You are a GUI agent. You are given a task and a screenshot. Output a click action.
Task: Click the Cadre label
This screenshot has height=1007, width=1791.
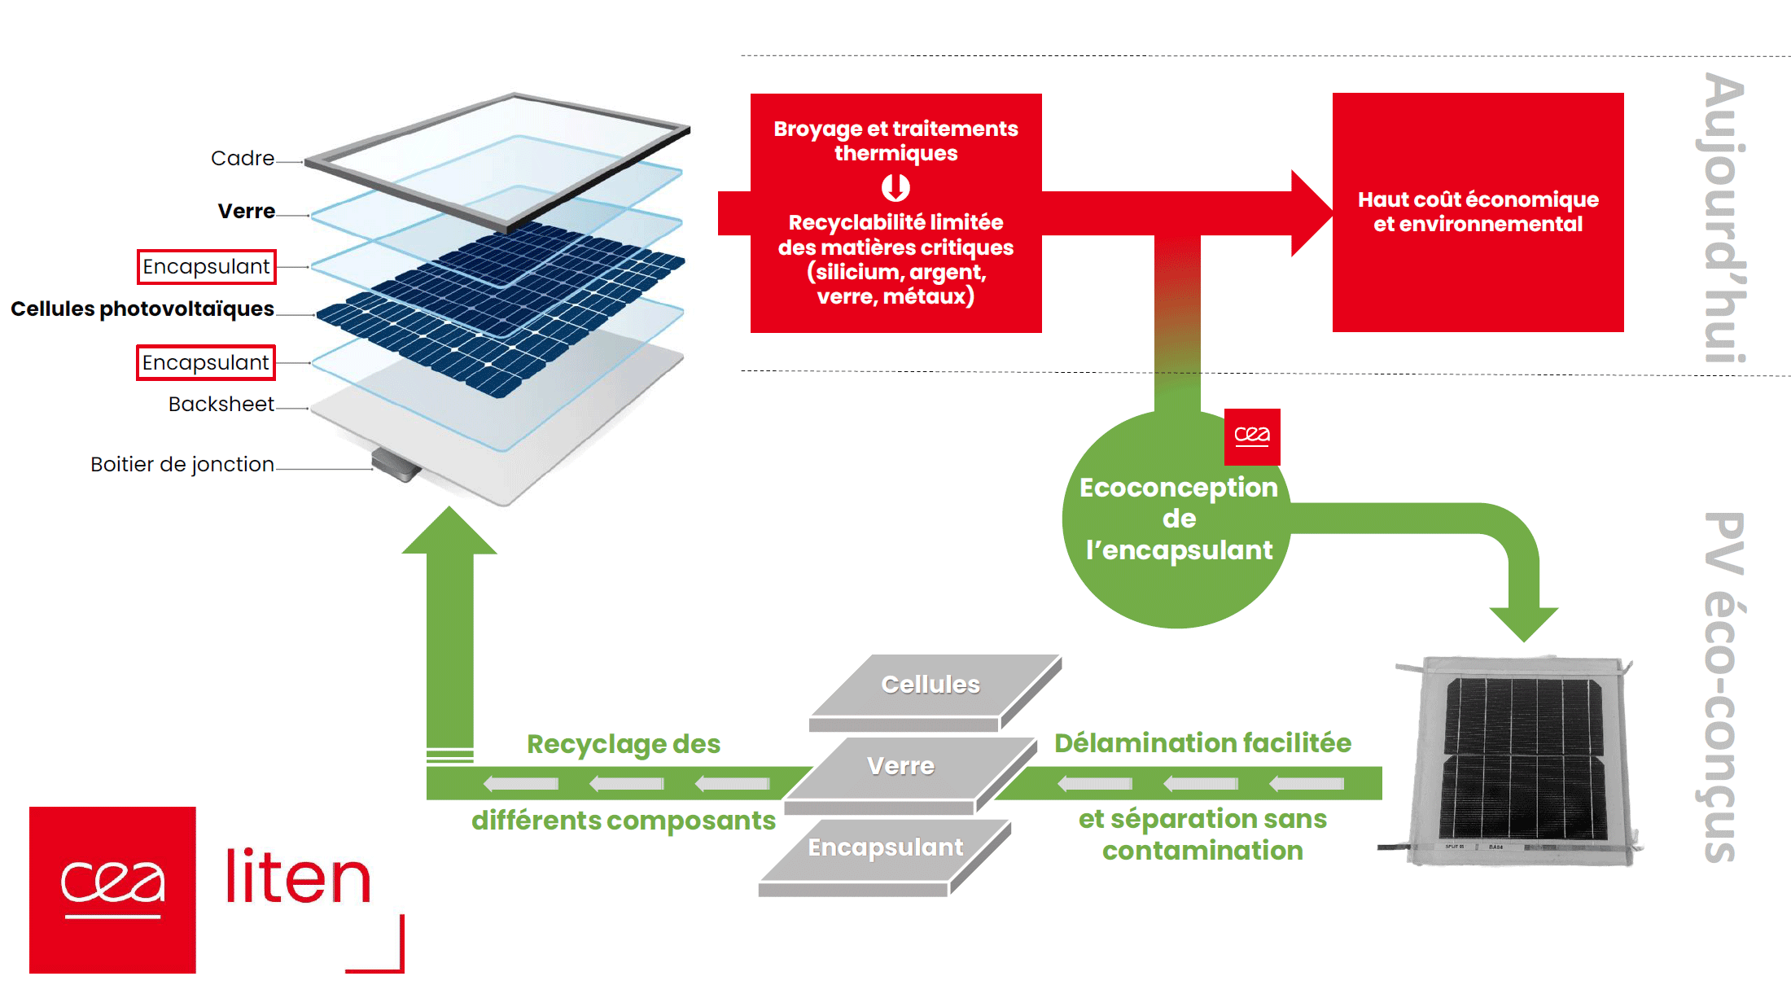(242, 158)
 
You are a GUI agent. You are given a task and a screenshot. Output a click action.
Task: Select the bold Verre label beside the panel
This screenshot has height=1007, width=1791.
(246, 212)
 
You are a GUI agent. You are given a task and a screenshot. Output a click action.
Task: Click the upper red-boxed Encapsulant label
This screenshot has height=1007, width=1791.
(206, 267)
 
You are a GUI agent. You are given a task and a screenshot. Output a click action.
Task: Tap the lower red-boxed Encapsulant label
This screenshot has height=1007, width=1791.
(205, 362)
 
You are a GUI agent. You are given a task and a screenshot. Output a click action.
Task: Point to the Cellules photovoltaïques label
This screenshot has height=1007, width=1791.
(142, 309)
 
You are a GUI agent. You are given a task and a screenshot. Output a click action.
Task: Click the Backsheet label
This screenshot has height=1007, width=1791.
(221, 405)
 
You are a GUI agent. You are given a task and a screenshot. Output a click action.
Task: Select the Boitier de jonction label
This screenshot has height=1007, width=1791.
(182, 465)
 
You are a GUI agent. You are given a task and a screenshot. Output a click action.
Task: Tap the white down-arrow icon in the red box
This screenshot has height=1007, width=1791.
(895, 188)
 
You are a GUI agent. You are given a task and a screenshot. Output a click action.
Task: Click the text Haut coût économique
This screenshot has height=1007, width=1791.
(1478, 199)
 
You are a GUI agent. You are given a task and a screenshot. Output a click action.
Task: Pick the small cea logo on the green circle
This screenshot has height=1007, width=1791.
(1251, 436)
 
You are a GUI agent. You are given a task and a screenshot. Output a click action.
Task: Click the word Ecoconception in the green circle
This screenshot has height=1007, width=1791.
(1178, 488)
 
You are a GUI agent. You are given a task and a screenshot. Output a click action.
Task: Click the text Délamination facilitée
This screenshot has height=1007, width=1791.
(1202, 743)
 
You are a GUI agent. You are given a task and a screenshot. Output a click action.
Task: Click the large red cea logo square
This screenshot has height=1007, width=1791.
(112, 890)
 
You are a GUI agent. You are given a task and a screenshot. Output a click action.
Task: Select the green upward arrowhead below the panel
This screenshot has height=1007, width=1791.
(449, 532)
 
